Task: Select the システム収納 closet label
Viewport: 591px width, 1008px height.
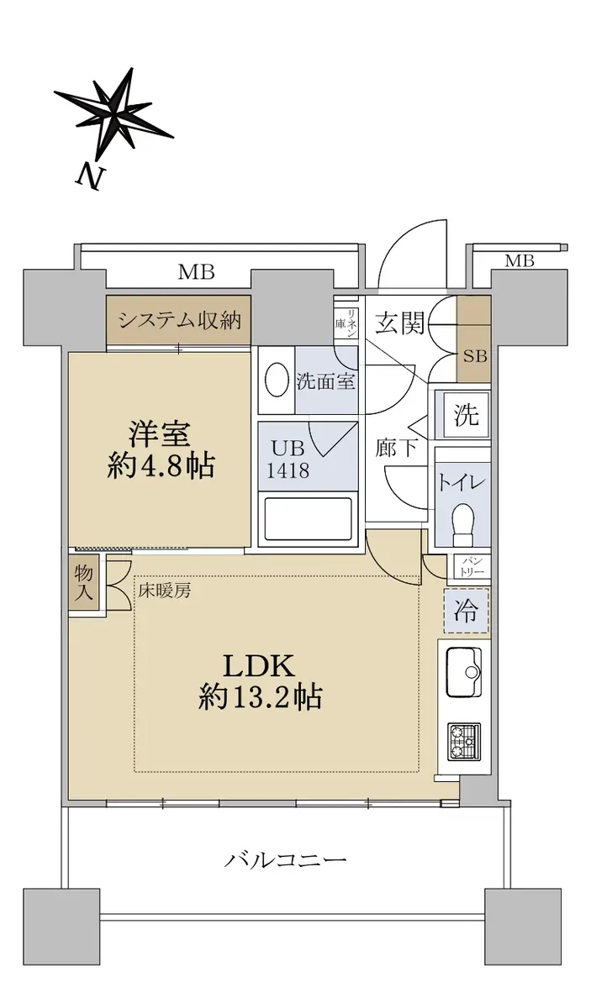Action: click(x=179, y=320)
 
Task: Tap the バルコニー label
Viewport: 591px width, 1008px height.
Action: click(x=286, y=860)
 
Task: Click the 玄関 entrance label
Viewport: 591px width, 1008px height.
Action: click(x=399, y=322)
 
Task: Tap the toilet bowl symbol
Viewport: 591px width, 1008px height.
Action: click(x=462, y=520)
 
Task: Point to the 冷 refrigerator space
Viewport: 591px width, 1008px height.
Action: click(x=466, y=612)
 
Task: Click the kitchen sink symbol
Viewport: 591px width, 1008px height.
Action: click(x=462, y=672)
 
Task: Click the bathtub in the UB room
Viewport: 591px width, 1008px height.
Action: click(x=307, y=519)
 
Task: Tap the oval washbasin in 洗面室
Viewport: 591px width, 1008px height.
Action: click(x=276, y=380)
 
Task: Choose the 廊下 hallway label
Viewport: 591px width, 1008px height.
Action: click(x=396, y=448)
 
